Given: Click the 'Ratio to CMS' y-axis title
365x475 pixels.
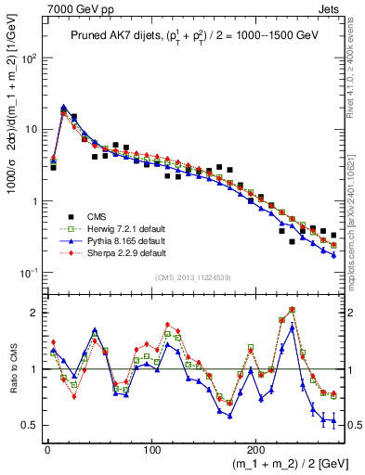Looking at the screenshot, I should [x=11, y=369].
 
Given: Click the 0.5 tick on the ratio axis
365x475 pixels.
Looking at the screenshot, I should [x=30, y=425].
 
